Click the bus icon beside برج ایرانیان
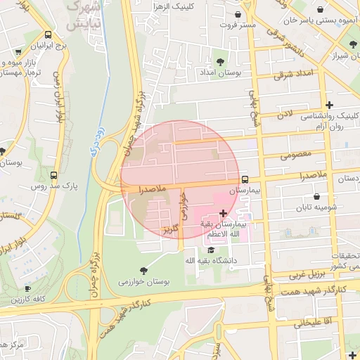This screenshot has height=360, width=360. point(48,34)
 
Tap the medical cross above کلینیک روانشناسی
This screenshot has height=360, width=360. point(329,105)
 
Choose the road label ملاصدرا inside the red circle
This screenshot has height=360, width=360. point(151,190)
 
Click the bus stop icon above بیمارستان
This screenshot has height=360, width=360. point(245,179)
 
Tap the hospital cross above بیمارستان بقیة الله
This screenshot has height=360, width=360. point(223,213)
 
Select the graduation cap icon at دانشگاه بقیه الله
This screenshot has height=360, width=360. point(210,250)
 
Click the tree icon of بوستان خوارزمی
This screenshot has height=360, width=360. point(144,270)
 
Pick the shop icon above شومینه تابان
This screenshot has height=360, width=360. point(317,197)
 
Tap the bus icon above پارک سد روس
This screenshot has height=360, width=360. point(54,175)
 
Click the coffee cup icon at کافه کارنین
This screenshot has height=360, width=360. point(27,288)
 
